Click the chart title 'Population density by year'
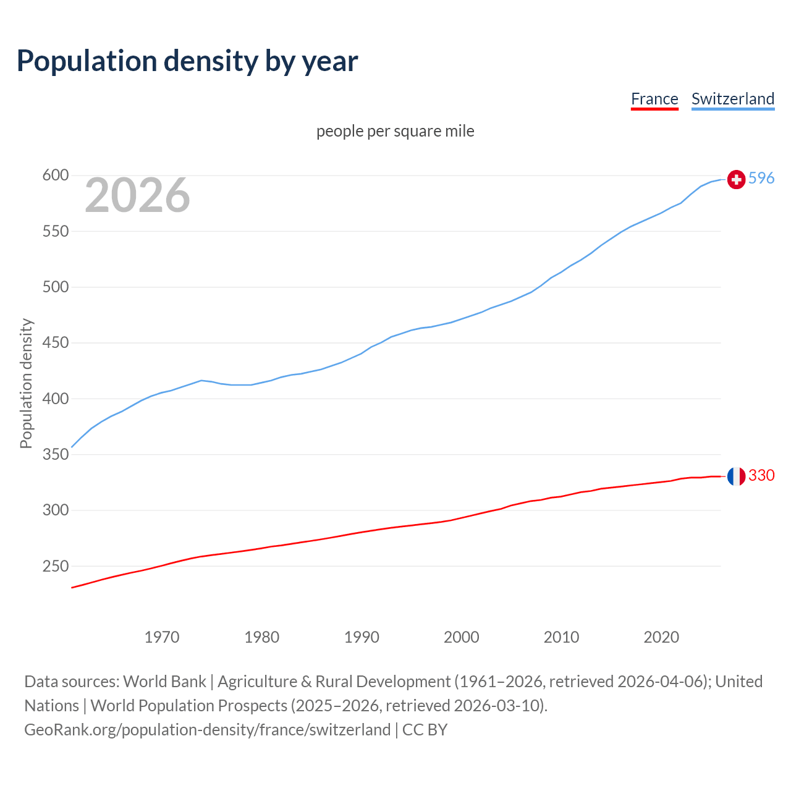click(187, 61)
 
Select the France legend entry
click(654, 99)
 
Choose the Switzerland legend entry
click(732, 99)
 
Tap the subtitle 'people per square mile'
click(395, 132)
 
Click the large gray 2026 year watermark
click(137, 195)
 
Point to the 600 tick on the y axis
click(55, 176)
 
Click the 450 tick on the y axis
click(55, 343)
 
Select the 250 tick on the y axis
click(55, 566)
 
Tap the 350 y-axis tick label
click(55, 455)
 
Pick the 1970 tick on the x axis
click(162, 637)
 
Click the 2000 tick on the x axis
click(461, 637)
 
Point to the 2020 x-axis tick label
click(661, 637)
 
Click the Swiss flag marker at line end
click(736, 179)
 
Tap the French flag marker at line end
click(736, 476)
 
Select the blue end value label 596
click(761, 179)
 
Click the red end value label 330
click(761, 475)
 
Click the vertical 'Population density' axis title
click(26, 383)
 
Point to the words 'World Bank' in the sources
click(164, 682)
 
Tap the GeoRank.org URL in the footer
click(207, 730)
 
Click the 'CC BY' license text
click(425, 730)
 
